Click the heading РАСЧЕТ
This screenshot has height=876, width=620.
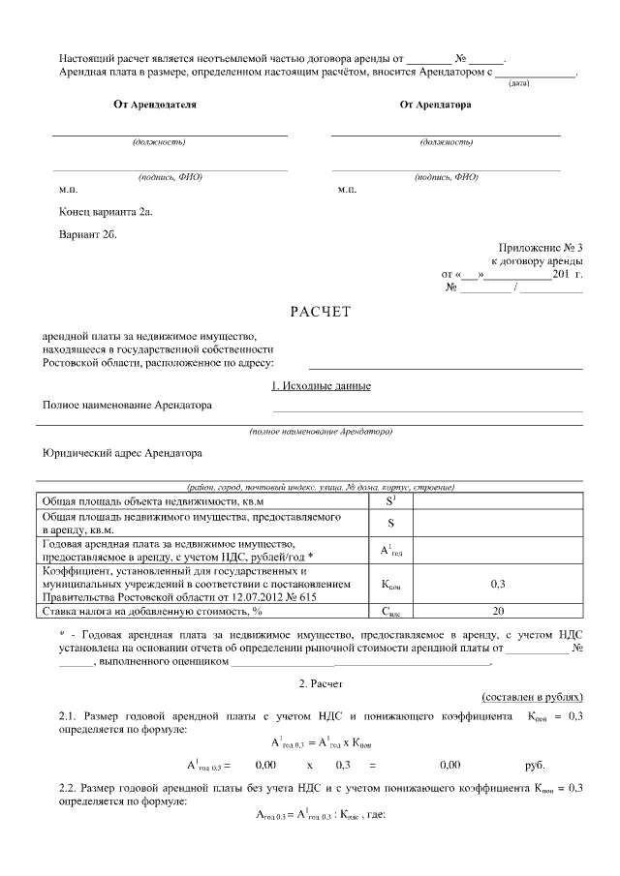click(x=319, y=312)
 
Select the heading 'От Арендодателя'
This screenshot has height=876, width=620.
click(x=155, y=105)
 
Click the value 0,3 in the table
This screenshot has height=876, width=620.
click(x=498, y=585)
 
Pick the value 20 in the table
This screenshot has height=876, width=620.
click(x=498, y=611)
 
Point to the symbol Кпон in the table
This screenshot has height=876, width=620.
click(x=390, y=586)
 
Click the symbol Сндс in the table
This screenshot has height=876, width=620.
click(x=390, y=612)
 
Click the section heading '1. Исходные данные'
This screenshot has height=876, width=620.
click(x=319, y=386)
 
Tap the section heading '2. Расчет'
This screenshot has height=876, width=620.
click(x=319, y=683)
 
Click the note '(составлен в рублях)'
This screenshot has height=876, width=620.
click(x=532, y=697)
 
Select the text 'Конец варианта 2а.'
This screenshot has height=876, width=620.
click(x=106, y=211)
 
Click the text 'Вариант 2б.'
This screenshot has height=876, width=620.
click(x=87, y=234)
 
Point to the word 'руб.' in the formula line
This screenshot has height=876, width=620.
click(x=536, y=765)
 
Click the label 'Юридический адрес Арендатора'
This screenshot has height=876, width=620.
click(x=124, y=452)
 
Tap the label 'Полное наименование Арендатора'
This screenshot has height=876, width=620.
click(x=127, y=405)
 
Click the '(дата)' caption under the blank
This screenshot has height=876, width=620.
click(x=518, y=84)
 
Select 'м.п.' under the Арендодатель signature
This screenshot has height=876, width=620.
click(x=68, y=189)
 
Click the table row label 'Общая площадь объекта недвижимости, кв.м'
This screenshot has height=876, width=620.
click(x=152, y=502)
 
